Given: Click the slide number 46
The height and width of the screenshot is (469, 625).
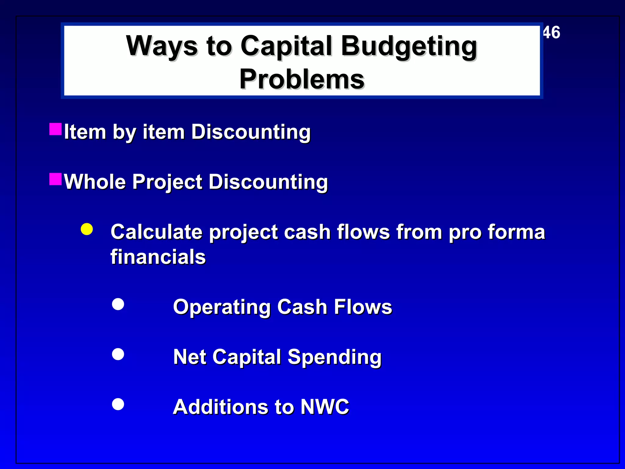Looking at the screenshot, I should click(552, 32).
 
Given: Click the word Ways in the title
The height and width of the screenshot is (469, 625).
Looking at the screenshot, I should click(162, 46).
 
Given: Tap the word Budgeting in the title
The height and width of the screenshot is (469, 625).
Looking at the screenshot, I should click(409, 46).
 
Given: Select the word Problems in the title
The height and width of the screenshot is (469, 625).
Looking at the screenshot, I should click(302, 79).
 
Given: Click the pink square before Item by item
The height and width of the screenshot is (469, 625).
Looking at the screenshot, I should click(56, 129).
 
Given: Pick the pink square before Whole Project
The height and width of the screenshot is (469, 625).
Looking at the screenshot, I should click(56, 179).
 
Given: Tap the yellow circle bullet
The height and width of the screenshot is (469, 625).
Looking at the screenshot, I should click(87, 229).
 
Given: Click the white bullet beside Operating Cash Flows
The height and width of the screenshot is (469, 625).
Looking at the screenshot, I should click(118, 304).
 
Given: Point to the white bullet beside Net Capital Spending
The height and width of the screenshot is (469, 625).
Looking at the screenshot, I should click(118, 354).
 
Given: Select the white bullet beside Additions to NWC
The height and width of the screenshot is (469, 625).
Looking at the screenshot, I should click(118, 404).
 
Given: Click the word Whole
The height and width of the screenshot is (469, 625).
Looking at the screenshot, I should click(95, 182).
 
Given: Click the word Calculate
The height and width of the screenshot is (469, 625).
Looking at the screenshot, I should click(156, 232).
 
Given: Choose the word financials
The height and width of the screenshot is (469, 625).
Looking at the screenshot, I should click(158, 257).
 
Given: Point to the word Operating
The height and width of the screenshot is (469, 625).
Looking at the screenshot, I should click(222, 307).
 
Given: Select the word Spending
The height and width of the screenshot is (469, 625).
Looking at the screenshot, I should click(334, 357).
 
